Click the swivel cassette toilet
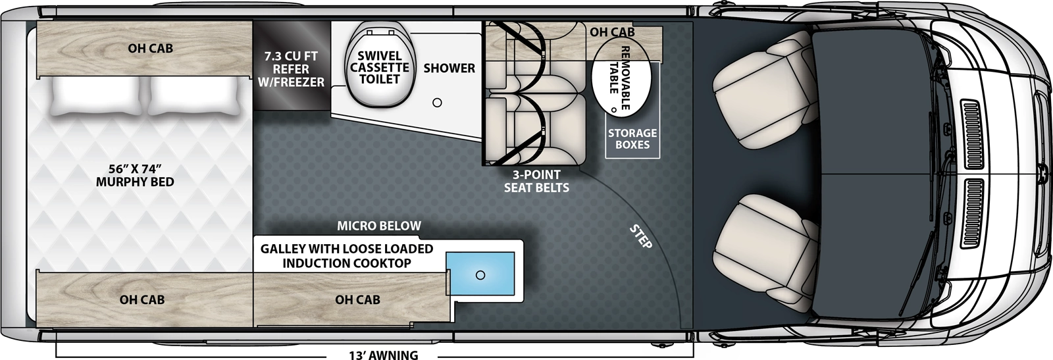379,68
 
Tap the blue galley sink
480,275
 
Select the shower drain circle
437,103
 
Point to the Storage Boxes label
632,139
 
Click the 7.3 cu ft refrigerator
290,68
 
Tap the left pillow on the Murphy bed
94,97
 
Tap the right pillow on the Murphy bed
193,97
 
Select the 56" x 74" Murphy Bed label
135,174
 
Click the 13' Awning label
383,355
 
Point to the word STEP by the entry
640,237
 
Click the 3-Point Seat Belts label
536,181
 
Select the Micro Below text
379,226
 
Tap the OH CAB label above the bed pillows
151,48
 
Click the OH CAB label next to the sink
357,299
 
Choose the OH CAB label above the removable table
612,32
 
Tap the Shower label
449,68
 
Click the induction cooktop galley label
347,256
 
